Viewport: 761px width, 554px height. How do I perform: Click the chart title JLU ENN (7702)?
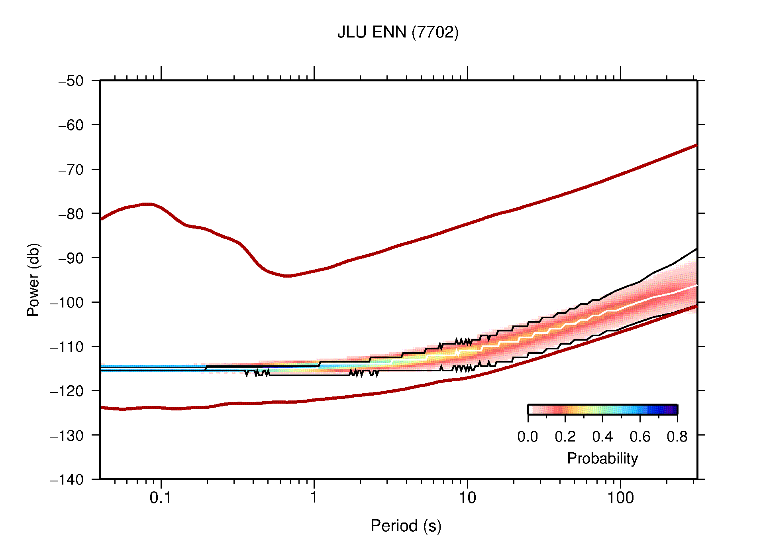398,32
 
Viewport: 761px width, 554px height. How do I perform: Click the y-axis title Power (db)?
34,280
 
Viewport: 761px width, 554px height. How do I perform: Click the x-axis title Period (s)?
406,526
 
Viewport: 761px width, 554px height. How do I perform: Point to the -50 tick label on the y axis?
71,81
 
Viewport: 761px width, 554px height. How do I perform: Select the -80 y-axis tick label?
71,214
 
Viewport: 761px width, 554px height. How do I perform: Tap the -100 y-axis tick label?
67,302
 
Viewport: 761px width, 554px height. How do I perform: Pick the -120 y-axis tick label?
67,391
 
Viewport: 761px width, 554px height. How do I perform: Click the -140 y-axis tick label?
67,479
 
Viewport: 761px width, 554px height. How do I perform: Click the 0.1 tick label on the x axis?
161,498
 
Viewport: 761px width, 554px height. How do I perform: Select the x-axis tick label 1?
314,498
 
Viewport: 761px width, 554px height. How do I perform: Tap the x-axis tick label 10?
467,498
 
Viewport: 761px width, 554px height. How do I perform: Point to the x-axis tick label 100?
620,498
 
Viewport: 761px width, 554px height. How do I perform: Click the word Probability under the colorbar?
602,458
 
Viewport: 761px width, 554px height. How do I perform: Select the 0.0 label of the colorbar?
528,437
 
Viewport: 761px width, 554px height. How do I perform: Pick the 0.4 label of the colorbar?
602,437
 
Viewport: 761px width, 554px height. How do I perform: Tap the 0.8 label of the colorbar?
677,437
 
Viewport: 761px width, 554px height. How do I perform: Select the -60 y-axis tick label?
71,125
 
